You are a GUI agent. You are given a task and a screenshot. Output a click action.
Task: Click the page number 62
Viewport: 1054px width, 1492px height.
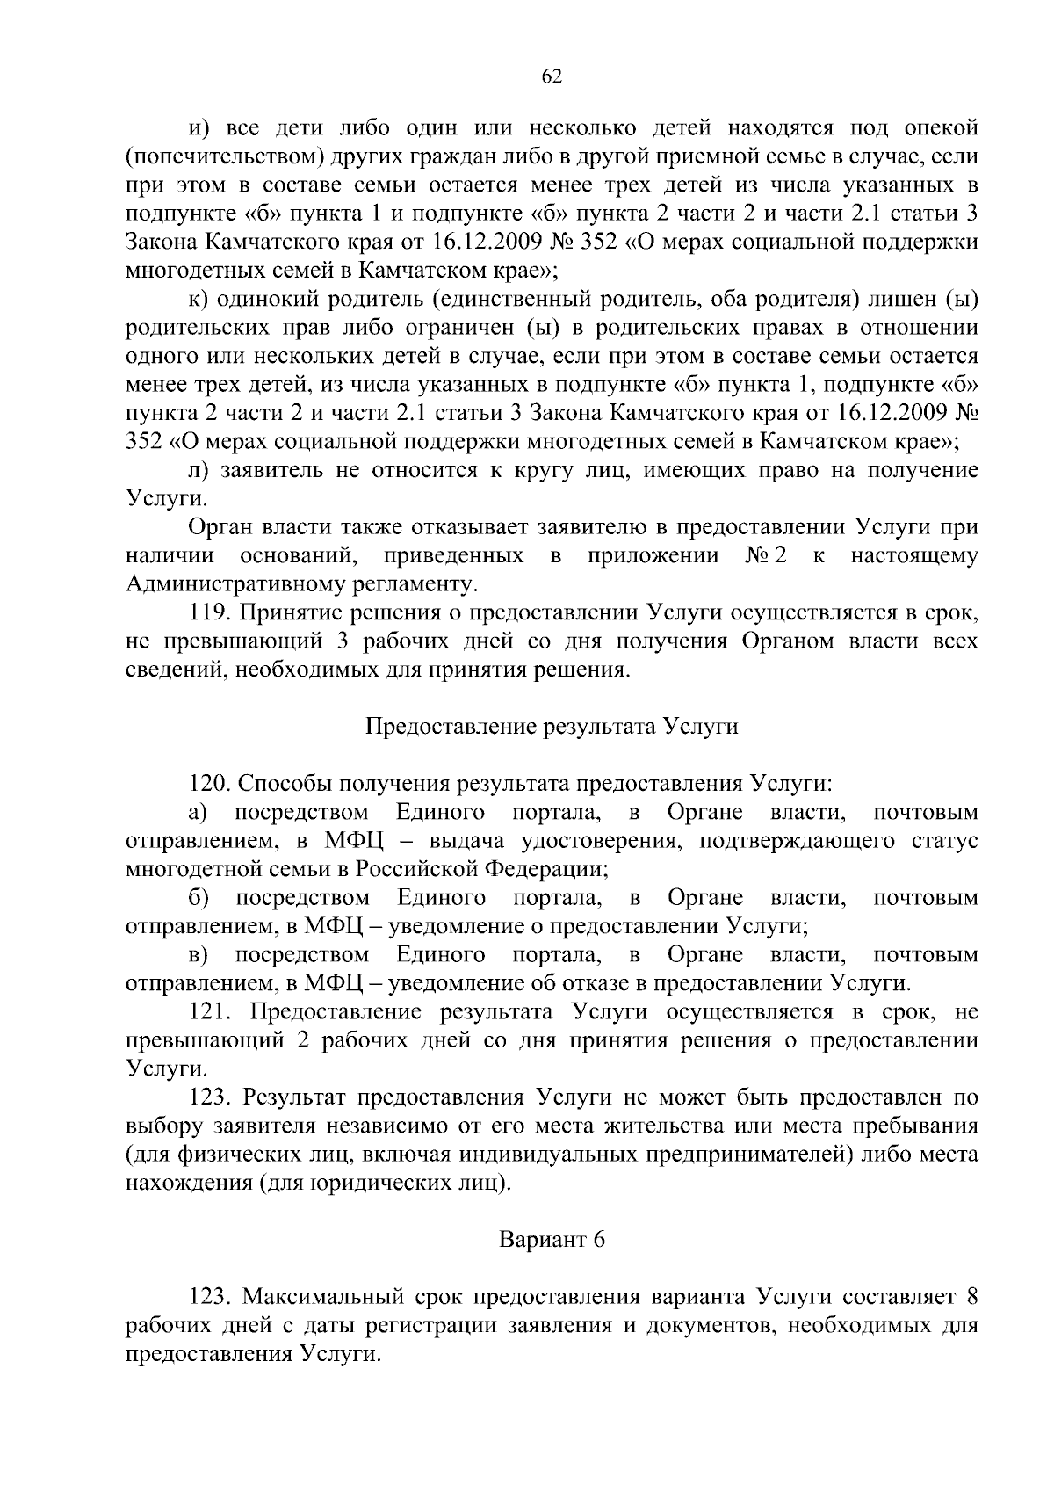click(552, 76)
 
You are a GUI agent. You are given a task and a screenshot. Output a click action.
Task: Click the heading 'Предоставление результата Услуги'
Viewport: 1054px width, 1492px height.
click(552, 728)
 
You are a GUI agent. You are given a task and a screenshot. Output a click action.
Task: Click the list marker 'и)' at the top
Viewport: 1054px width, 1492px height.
click(200, 129)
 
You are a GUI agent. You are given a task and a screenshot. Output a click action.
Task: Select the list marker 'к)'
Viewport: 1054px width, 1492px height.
click(200, 300)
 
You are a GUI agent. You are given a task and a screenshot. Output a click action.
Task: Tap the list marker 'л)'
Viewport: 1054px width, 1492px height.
click(200, 470)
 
